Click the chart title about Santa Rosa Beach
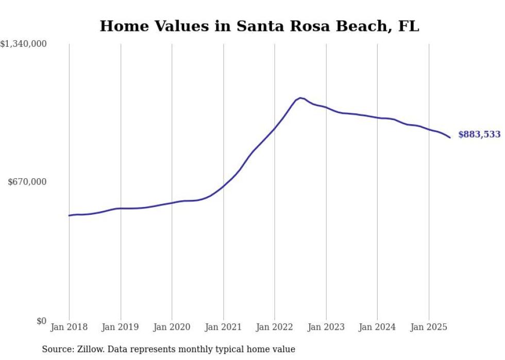tap(259, 26)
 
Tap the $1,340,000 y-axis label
tap(24, 44)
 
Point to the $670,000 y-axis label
tap(27, 182)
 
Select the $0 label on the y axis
tap(41, 321)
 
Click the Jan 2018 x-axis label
tap(69, 327)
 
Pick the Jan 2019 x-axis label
tap(121, 327)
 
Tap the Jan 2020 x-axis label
tap(172, 327)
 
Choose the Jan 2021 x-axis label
tap(223, 327)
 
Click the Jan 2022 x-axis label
tap(275, 327)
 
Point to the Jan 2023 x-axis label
tap(326, 327)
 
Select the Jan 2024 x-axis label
tap(377, 327)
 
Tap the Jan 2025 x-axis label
tap(429, 327)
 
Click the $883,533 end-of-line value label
tap(479, 134)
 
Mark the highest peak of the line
tap(300, 98)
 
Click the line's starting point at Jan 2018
tap(69, 215)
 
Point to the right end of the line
tap(450, 138)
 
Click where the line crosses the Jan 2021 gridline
tap(223, 185)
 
